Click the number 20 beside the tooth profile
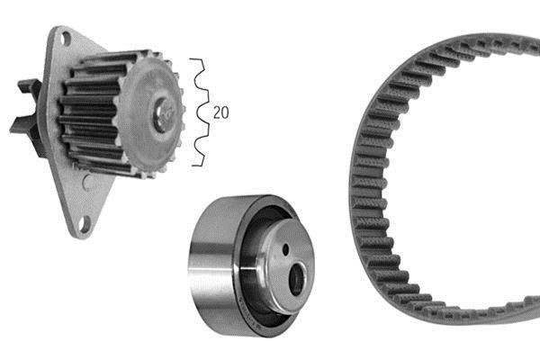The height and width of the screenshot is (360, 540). coord(220,112)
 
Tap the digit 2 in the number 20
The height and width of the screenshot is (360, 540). coord(217,112)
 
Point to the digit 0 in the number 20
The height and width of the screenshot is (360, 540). coord(224,112)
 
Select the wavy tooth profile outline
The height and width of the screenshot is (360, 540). coord(201,112)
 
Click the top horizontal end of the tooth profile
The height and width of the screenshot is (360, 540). coord(195,59)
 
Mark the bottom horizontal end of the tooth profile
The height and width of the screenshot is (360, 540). coord(196,166)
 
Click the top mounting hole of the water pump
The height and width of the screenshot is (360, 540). coord(67,38)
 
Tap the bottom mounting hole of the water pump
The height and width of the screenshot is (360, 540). coord(84,223)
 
